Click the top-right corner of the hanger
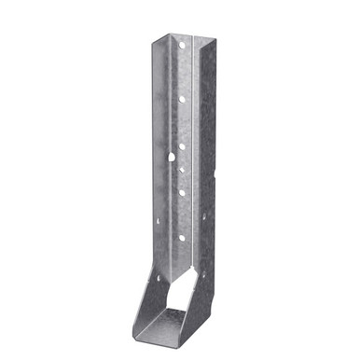click(x=215, y=42)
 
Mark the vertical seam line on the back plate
click(x=192, y=140)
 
